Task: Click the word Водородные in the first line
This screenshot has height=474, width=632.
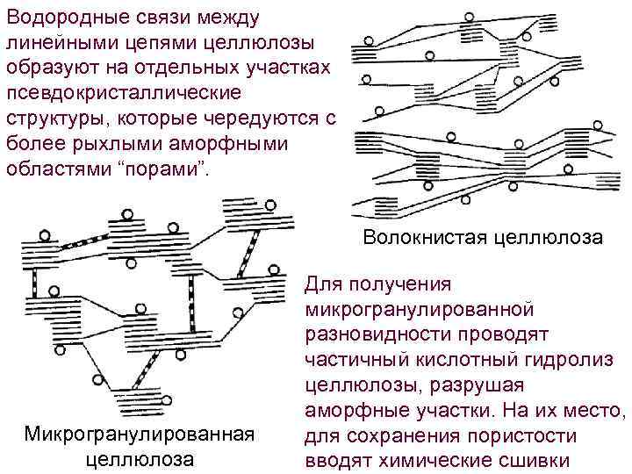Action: tap(68, 18)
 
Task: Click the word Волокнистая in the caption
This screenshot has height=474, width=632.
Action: tap(418, 238)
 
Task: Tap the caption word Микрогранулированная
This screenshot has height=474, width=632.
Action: tap(140, 434)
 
